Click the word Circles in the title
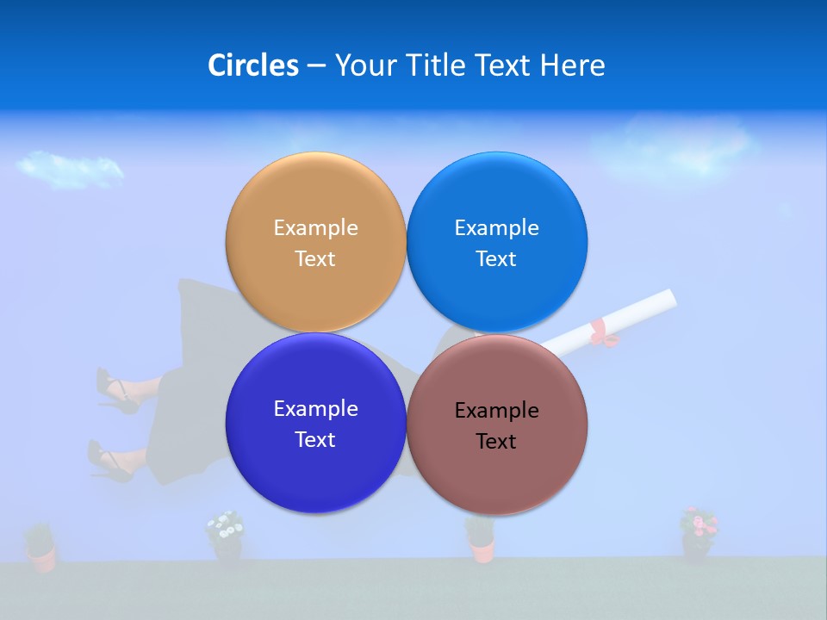click(252, 65)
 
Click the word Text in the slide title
click(503, 65)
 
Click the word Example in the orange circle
click(315, 227)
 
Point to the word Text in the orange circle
click(315, 258)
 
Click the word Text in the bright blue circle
click(496, 258)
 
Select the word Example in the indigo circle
click(315, 408)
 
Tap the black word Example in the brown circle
click(496, 410)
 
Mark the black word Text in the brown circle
click(496, 441)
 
